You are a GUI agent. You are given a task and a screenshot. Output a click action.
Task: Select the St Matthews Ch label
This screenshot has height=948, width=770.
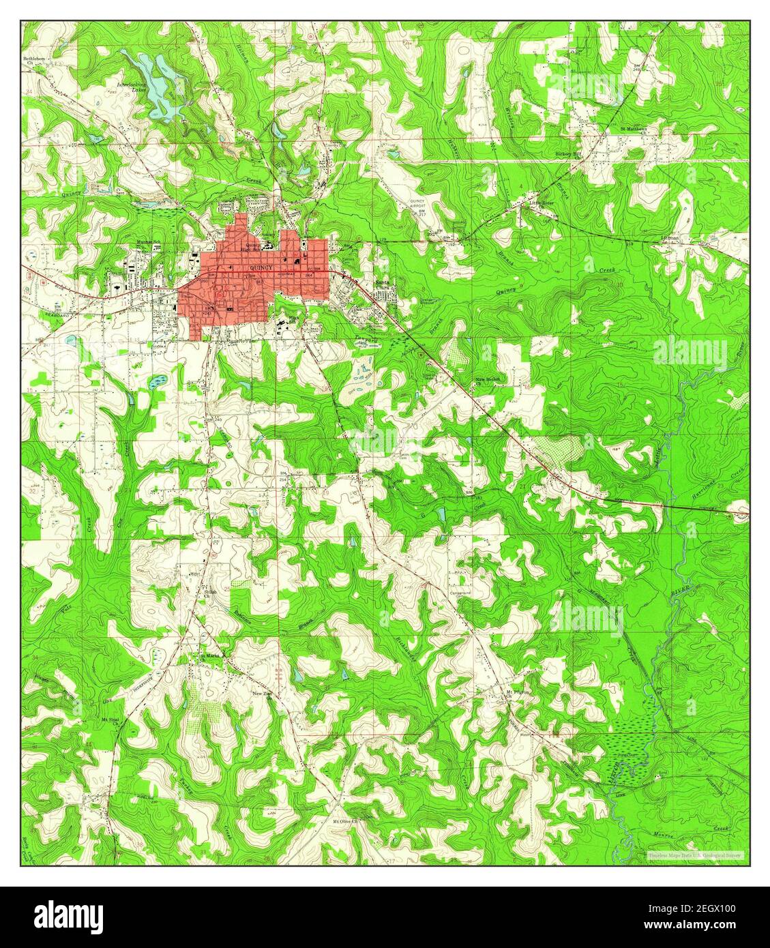pos(634,128)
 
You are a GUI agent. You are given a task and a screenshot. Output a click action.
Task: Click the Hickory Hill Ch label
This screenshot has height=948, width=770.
pos(568,155)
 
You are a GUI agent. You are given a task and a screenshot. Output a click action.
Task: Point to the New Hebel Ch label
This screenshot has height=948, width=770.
pos(488,380)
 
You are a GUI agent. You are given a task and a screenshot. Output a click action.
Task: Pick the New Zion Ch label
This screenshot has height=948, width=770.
pos(263,694)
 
